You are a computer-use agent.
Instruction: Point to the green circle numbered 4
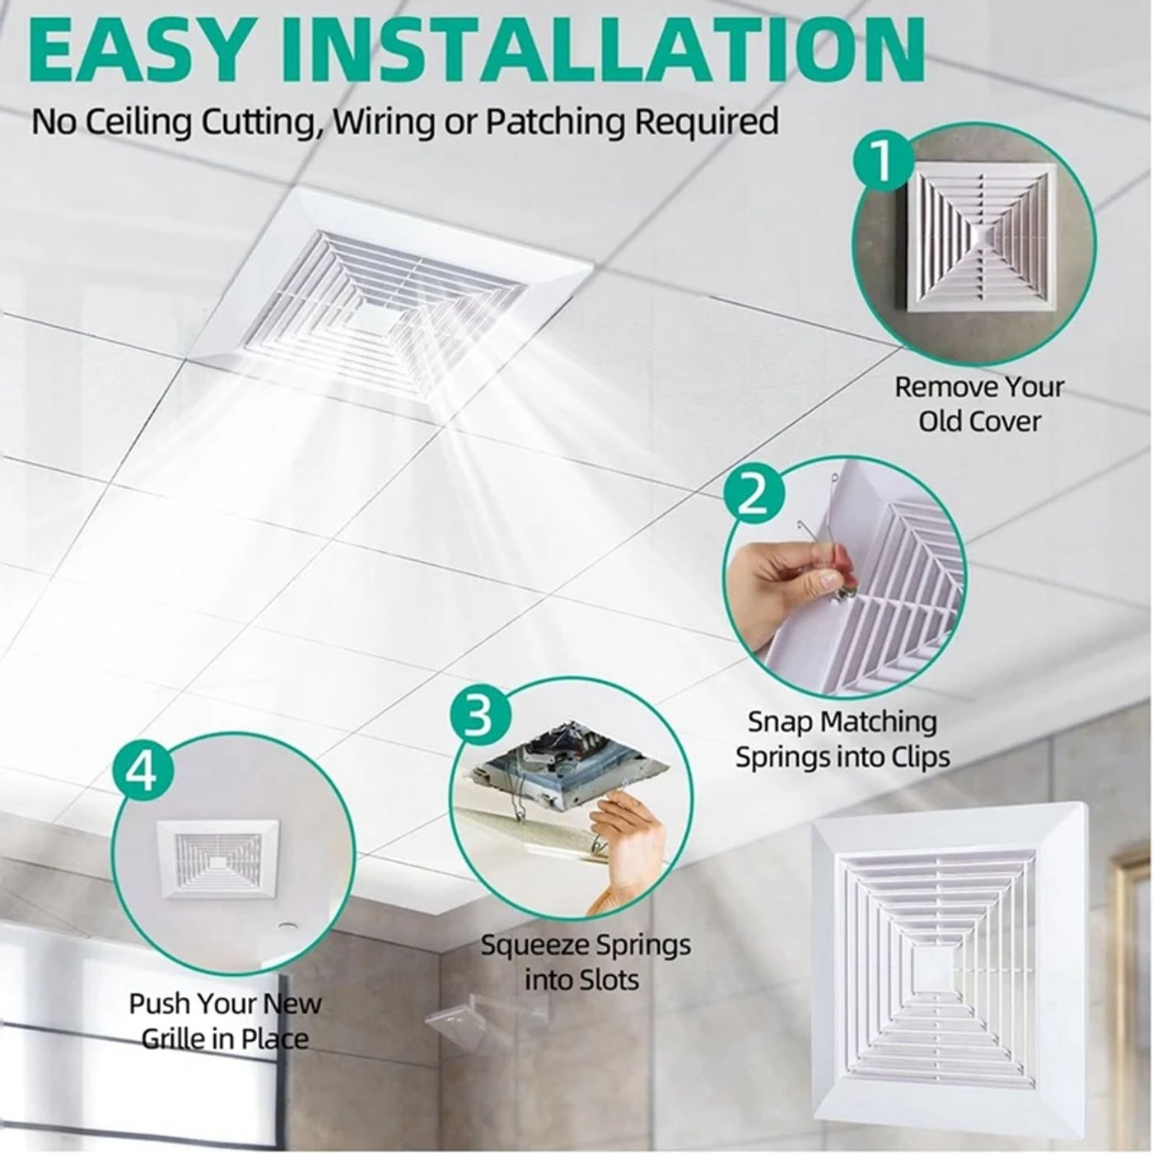coord(143,772)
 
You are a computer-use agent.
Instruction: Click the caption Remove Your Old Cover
coord(979,404)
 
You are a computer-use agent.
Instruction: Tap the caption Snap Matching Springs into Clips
coord(843,739)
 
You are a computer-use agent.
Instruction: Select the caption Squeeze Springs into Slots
coord(585,962)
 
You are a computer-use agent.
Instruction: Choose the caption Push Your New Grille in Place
coord(225,1021)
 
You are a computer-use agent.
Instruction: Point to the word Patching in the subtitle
coord(555,122)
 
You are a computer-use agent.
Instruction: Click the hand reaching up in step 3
coord(626,840)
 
